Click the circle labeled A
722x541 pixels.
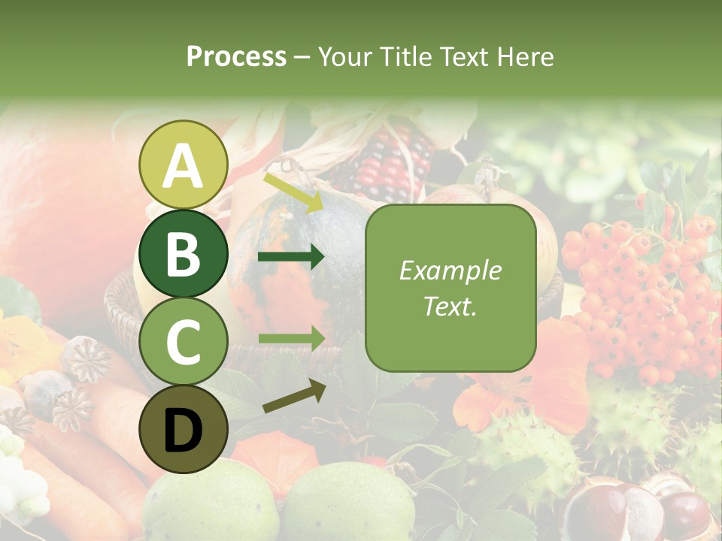[x=183, y=165]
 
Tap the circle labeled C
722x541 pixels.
[x=183, y=341]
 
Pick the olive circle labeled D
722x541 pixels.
[x=183, y=429]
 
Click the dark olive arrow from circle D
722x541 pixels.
[x=294, y=395]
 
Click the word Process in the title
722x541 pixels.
[x=236, y=56]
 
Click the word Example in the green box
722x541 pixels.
[x=450, y=270]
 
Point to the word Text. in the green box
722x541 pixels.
[x=450, y=306]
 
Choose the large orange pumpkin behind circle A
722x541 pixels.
[x=60, y=203]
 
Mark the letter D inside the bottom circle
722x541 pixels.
[x=183, y=431]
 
